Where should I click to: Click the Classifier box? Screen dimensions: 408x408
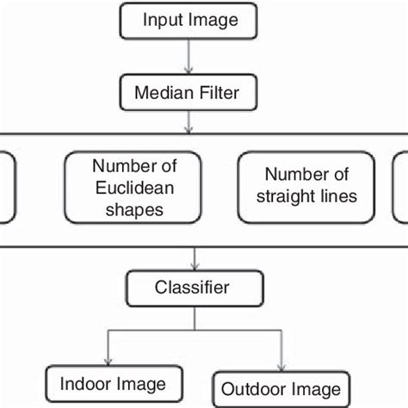[x=191, y=287]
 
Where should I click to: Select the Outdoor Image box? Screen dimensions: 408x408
[x=281, y=386]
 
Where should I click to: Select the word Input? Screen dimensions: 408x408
[x=160, y=20]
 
